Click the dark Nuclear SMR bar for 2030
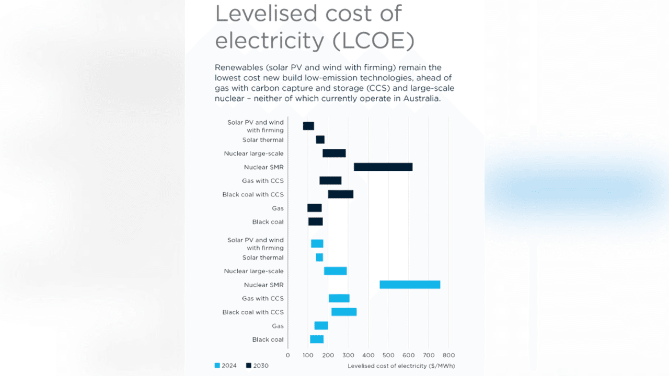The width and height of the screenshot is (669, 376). point(383,167)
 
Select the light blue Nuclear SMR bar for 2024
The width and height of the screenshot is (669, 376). point(410,285)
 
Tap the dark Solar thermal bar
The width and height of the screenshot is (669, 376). point(320,140)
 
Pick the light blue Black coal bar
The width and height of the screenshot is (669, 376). point(317,339)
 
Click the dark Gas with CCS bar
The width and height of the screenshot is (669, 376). point(330,181)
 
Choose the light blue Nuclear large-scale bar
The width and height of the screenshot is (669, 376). point(335,271)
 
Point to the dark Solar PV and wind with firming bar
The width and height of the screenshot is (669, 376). point(308,126)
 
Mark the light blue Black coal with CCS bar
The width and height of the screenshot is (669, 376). point(344,312)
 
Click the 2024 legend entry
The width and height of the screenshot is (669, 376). point(225,366)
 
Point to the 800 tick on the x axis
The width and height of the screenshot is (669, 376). point(448,355)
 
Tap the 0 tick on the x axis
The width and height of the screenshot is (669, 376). point(287,355)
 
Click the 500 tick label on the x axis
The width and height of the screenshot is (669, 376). point(388,355)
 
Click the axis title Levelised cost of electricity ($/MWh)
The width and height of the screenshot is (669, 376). point(401,366)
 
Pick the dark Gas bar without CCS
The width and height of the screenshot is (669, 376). point(314,208)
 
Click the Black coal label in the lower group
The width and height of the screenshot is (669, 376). point(268,339)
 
